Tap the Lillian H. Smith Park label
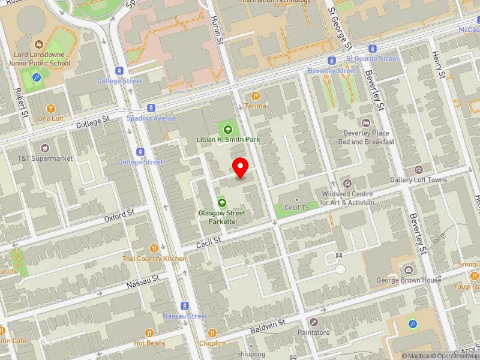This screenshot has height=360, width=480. pos(227,139)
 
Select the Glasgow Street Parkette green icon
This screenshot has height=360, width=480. pos(222,203)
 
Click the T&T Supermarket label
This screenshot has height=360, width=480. pos(45,158)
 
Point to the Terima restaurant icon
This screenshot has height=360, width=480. pos(256,95)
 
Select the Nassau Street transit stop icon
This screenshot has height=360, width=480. pos(185,305)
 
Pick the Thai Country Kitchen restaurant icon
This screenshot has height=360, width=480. pos(155,248)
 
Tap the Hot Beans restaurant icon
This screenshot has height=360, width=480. pos(149,333)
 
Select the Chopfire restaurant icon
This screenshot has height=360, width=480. pos(212,333)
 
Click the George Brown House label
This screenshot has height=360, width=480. pos(409,280)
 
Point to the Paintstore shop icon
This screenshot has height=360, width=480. pos(314,322)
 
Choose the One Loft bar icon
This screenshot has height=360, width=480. pos(51,109)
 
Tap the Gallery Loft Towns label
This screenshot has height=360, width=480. pos(418,179)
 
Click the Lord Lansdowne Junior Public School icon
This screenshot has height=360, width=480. pos(40,44)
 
